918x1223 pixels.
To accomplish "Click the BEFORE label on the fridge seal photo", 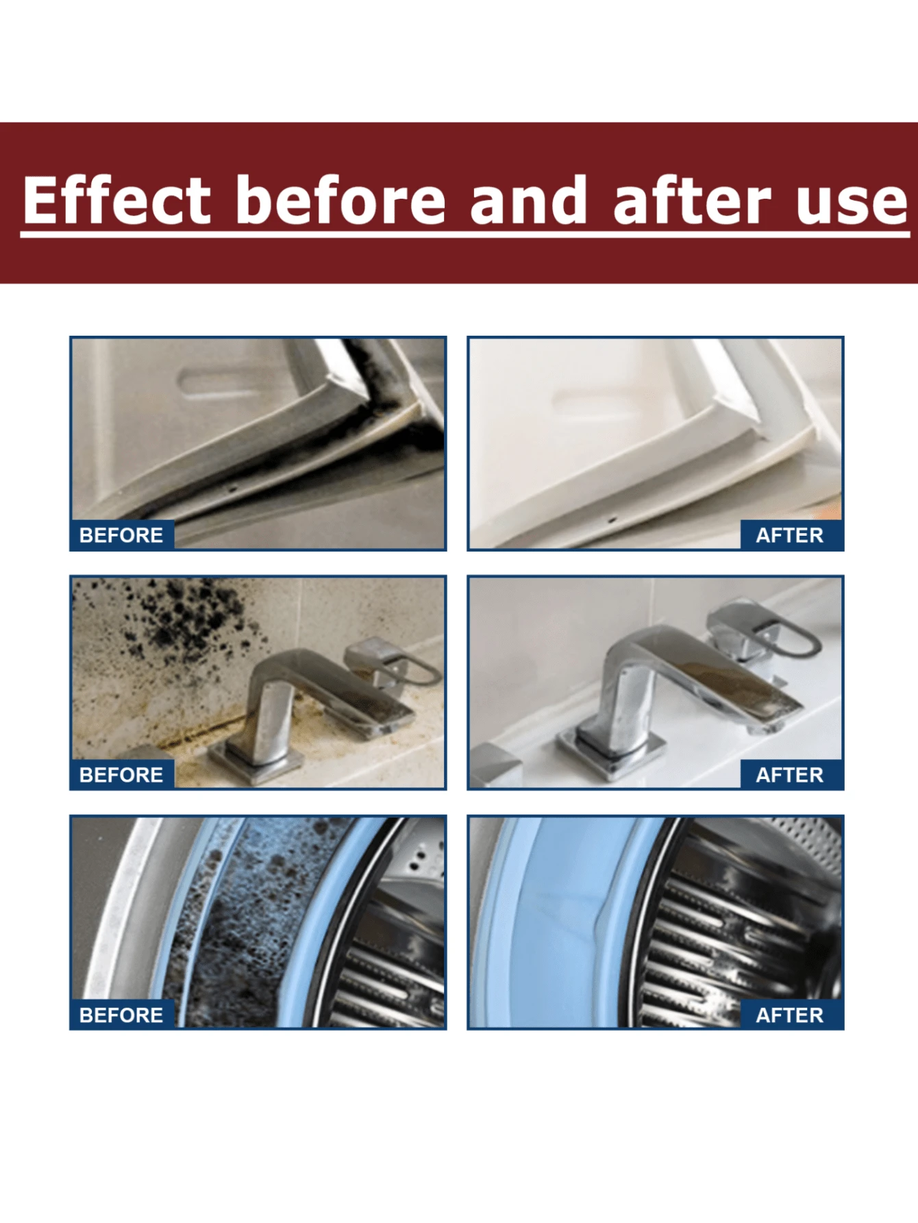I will pyautogui.click(x=121, y=535).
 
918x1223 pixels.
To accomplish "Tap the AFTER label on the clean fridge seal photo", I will pyautogui.click(x=789, y=535).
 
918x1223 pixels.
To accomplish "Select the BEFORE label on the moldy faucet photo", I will pyautogui.click(x=121, y=775).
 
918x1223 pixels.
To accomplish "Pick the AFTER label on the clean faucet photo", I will pyautogui.click(x=789, y=775).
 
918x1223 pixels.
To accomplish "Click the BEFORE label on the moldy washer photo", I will pyautogui.click(x=121, y=1015).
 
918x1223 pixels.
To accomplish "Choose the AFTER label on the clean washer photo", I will pyautogui.click(x=789, y=1015).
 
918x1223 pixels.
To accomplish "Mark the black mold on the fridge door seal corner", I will pyautogui.click(x=384, y=404).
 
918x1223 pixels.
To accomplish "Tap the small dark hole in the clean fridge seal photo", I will pyautogui.click(x=612, y=520).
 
